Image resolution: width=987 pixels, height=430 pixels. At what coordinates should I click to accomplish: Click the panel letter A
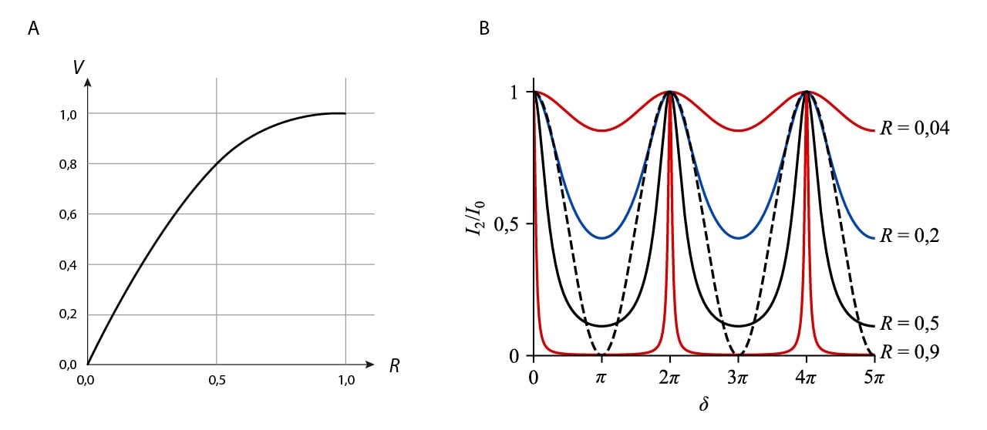(32, 29)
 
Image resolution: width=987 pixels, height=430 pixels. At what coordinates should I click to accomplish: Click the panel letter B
(484, 29)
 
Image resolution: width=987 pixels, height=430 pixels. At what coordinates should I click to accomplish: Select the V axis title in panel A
(79, 68)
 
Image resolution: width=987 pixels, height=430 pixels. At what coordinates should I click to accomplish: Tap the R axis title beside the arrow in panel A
(394, 365)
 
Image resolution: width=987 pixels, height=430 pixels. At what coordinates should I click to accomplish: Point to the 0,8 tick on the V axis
(69, 164)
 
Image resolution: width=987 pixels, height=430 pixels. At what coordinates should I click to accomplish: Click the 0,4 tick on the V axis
(69, 264)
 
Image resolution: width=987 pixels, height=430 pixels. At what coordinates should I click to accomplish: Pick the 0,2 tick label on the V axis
(69, 314)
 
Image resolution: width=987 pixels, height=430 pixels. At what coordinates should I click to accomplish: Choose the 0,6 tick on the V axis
(69, 214)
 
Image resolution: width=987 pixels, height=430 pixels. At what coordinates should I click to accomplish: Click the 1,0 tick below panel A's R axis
(345, 380)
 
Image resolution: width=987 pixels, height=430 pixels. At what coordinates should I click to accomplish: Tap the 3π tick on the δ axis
(738, 378)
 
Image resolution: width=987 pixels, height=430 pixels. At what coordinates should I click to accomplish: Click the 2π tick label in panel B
(669, 378)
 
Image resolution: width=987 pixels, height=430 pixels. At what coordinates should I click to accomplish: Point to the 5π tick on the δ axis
(874, 378)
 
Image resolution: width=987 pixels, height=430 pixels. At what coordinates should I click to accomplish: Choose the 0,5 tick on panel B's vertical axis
(513, 224)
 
